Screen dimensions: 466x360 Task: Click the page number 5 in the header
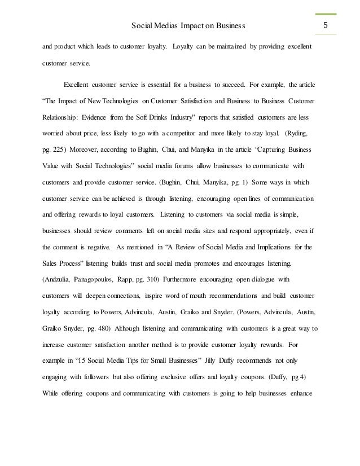coord(325,25)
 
